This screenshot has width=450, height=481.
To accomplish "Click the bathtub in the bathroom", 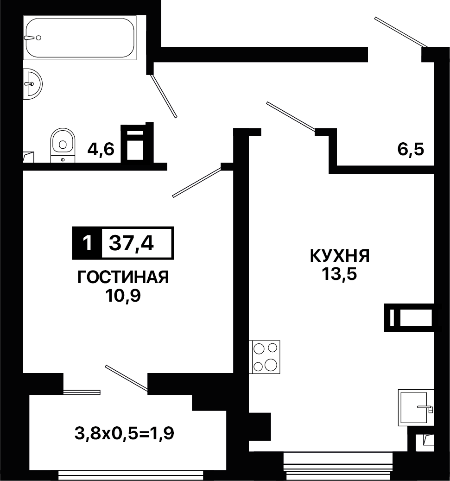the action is coord(80,38).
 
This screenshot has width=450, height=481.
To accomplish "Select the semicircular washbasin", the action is coord(32,84).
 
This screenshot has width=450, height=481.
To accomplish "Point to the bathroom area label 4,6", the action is coord(101,150).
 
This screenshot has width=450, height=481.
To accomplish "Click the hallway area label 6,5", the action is coord(411,150).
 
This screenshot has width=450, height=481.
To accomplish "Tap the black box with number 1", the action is coord(87,243).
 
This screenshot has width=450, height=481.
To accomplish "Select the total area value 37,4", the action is coord(131,243).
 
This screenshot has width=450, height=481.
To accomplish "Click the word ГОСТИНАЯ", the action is coord(123,277).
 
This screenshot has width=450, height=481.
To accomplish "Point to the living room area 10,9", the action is coord(123,296).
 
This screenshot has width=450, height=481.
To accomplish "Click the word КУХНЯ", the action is coord(340,255).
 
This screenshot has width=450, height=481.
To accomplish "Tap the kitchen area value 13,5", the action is coord(339,274).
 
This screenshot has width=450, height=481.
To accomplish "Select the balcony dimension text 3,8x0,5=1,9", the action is coord(124,433).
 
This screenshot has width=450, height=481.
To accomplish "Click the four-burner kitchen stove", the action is coord(265,357).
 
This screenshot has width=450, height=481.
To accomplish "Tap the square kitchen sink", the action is coord(416,407).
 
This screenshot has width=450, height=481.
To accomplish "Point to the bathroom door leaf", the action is coord(164,96).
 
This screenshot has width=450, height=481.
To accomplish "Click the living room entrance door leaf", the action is coord(197,182).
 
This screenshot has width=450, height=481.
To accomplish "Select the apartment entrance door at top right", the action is coord(400,32).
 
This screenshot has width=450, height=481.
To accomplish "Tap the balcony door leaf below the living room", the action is coord(127,378).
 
